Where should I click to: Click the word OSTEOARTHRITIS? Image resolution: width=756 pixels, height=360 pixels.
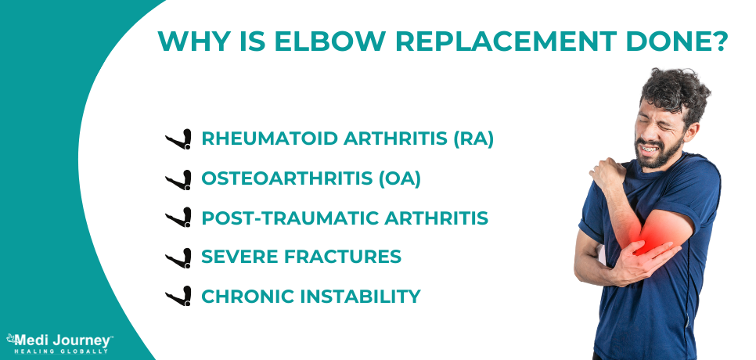point(286,178)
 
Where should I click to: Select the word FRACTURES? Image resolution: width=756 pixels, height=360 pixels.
point(351,257)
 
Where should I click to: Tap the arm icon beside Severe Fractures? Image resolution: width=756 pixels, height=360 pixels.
point(179,257)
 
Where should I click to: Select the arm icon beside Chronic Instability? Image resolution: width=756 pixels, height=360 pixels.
point(179,297)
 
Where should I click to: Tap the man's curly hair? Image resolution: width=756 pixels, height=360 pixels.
point(673,90)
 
